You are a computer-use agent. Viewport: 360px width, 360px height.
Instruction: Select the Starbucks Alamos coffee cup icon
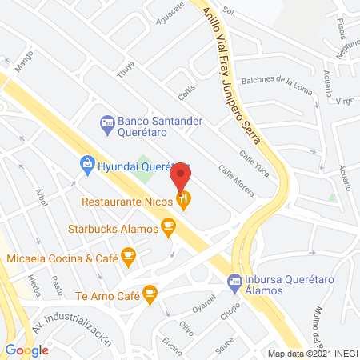pos(167,230)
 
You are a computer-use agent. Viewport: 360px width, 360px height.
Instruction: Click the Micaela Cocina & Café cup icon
pos(128,257)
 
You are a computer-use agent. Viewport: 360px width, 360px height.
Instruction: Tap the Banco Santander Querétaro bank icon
pos(106,122)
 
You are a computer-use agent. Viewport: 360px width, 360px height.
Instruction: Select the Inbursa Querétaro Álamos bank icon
pos(234,281)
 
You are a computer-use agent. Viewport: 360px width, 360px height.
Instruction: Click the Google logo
pos(27,350)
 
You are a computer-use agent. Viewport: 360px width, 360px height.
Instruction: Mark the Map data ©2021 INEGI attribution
pos(312,353)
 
